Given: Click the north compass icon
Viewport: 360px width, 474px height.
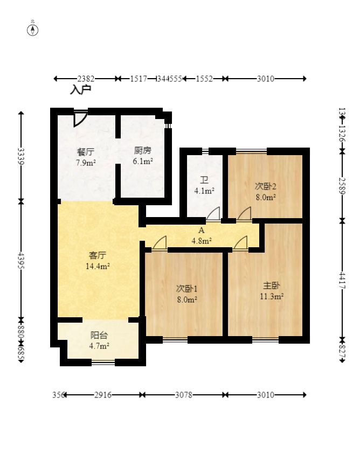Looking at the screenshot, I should (x=33, y=29).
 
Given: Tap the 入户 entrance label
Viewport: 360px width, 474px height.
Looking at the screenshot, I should (x=80, y=90).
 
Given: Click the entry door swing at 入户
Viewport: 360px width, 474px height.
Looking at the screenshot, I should (x=80, y=118).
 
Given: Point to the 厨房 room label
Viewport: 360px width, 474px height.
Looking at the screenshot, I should (x=142, y=151).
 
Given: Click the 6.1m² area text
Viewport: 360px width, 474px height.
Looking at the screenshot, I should (x=143, y=161).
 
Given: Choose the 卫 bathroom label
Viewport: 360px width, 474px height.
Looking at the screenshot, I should (x=204, y=180).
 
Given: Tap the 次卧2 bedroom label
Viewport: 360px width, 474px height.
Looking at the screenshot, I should (x=265, y=186).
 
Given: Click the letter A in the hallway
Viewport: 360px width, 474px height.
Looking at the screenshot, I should (x=202, y=231).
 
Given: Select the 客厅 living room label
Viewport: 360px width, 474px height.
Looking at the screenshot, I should (x=98, y=255).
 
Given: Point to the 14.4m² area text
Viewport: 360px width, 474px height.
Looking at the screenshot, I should (x=98, y=266).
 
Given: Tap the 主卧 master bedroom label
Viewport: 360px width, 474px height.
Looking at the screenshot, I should (x=271, y=285).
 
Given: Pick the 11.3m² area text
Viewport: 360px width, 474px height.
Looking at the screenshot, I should (x=272, y=296).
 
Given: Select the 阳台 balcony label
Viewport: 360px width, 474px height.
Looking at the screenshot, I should (x=99, y=335).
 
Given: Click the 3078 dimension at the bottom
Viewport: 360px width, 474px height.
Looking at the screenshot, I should (x=184, y=395).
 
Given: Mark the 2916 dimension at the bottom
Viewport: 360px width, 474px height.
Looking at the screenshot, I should (x=103, y=395).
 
